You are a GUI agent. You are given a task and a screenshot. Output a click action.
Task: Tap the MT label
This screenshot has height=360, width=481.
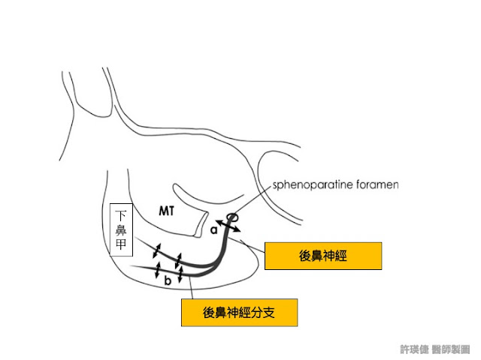pyautogui.click(x=167, y=211)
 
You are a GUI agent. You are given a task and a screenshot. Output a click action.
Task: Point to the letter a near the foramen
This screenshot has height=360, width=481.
pyautogui.click(x=214, y=231)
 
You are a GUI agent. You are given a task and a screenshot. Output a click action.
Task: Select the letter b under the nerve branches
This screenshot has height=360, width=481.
pyautogui.click(x=168, y=281)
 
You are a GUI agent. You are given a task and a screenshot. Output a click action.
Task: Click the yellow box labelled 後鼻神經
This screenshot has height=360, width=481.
pyautogui.click(x=322, y=256)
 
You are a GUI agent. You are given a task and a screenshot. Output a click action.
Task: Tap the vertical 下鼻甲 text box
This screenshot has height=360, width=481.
pyautogui.click(x=121, y=230)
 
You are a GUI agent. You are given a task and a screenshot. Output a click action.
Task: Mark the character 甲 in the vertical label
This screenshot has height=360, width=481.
pyautogui.click(x=121, y=245)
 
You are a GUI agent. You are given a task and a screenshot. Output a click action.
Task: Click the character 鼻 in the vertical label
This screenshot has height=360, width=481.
pyautogui.click(x=121, y=230)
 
